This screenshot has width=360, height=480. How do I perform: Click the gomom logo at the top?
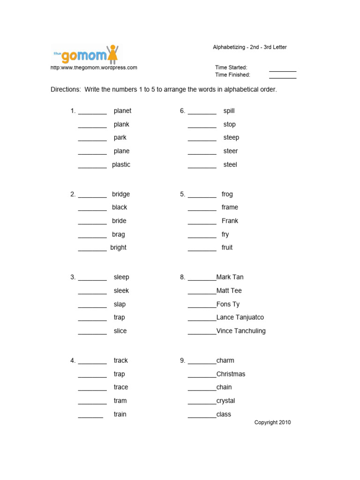click(84, 54)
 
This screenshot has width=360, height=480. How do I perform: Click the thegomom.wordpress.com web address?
click(94, 67)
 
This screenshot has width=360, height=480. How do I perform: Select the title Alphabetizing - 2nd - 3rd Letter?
click(250, 47)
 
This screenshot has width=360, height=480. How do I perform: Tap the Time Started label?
click(231, 67)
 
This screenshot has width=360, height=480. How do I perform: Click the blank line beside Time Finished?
click(283, 77)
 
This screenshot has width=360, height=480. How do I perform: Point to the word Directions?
click(66, 90)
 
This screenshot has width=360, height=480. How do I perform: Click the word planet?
click(122, 111)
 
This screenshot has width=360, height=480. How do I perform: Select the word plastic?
click(121, 165)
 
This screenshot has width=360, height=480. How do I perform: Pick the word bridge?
click(121, 194)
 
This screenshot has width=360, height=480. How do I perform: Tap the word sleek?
click(121, 291)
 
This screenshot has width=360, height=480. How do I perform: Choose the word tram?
click(120, 401)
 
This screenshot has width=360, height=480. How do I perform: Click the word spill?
click(229, 111)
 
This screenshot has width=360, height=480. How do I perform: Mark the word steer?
click(230, 151)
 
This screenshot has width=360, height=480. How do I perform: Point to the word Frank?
click(230, 221)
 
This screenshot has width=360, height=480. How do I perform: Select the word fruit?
click(227, 247)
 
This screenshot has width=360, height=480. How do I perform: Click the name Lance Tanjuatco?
click(240, 317)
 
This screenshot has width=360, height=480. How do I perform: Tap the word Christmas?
click(231, 374)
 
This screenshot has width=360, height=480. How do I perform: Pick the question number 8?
click(182, 277)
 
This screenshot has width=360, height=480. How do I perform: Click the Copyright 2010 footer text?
click(272, 422)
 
